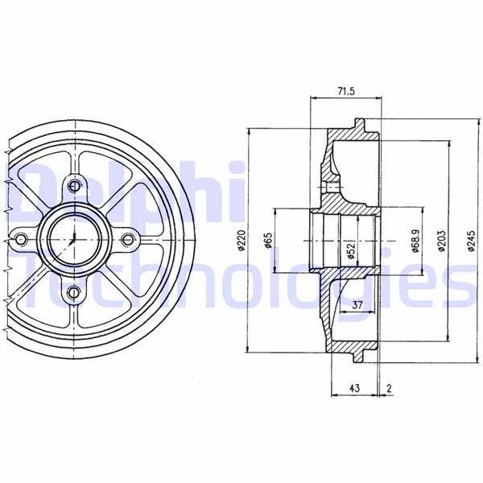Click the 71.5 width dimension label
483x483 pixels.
(346, 91)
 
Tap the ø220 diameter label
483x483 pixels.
(242, 241)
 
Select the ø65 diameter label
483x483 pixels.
(268, 241)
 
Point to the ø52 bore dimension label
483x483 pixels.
(351, 250)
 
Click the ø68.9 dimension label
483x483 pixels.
(416, 241)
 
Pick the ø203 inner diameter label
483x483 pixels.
(442, 241)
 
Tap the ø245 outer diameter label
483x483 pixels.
(472, 241)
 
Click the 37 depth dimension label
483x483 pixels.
(357, 305)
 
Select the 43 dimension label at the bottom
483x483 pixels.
(355, 388)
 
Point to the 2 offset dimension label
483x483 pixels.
(389, 388)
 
